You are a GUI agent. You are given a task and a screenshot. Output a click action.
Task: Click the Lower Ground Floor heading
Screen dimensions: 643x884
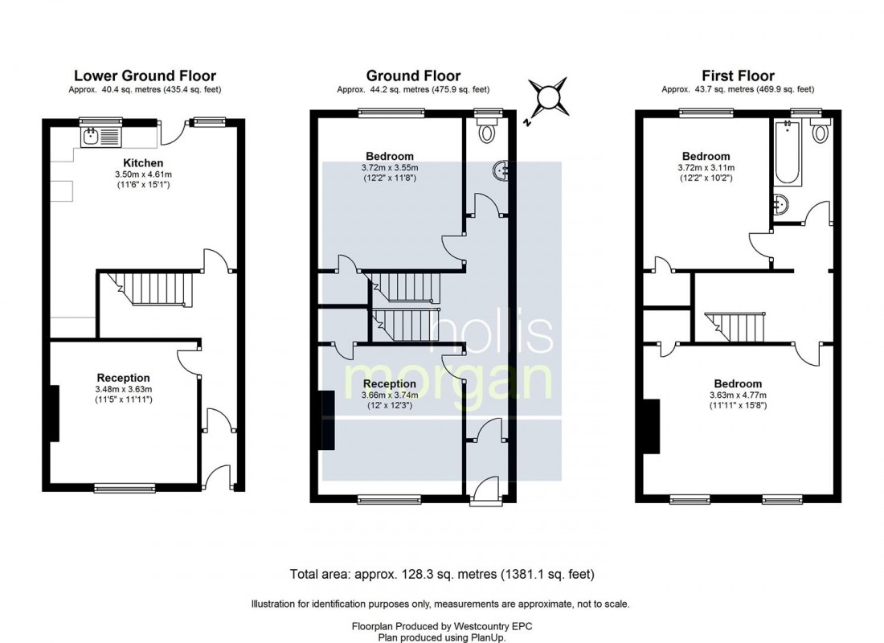145,76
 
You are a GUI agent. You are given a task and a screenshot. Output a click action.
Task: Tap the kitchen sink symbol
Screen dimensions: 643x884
100,137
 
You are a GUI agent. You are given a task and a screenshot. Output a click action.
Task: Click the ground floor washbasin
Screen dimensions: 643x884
501,170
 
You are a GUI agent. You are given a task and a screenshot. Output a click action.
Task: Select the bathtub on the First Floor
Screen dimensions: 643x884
785,153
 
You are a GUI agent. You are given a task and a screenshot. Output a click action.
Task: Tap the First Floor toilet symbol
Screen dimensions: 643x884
820,132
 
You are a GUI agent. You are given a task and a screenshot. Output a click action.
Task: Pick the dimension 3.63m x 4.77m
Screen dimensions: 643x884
738,395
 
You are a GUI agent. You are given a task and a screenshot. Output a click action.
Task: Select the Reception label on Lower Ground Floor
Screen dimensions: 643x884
123,378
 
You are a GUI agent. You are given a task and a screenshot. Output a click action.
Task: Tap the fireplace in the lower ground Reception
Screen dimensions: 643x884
55,413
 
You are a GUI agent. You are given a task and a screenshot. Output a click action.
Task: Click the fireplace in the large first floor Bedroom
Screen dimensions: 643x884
653,427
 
